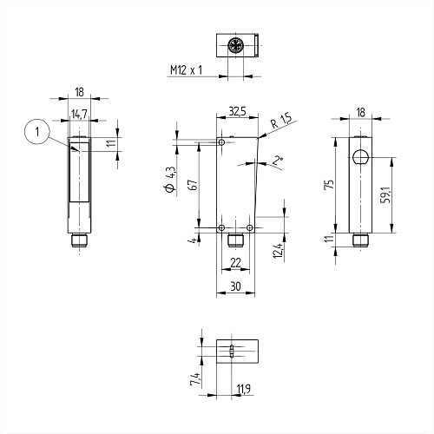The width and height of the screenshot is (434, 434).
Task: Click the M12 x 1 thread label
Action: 186,70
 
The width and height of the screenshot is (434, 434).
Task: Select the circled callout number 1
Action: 37,132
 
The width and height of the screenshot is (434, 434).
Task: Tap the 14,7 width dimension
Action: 79,114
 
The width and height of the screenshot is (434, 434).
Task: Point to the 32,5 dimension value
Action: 237,111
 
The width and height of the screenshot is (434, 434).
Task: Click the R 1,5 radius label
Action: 281,121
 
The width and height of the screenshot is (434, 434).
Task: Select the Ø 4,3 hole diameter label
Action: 170,179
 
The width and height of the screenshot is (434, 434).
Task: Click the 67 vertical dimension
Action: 194,185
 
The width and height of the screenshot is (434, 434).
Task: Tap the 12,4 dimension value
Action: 278,251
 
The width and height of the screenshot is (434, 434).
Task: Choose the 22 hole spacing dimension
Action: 235,263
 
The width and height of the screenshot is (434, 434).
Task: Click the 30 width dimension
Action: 235,286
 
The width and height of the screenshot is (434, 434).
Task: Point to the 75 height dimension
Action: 330,184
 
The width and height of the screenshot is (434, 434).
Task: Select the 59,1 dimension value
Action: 385,194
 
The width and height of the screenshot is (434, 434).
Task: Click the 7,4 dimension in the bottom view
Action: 195,378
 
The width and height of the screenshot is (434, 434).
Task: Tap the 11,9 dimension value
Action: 244,389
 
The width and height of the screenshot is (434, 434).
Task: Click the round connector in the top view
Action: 235,45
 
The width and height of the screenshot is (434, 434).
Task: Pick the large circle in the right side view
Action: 360,157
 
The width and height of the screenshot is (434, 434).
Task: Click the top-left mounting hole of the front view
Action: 222,142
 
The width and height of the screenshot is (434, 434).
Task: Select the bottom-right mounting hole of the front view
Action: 250,227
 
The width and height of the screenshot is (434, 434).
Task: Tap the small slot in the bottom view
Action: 231,351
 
